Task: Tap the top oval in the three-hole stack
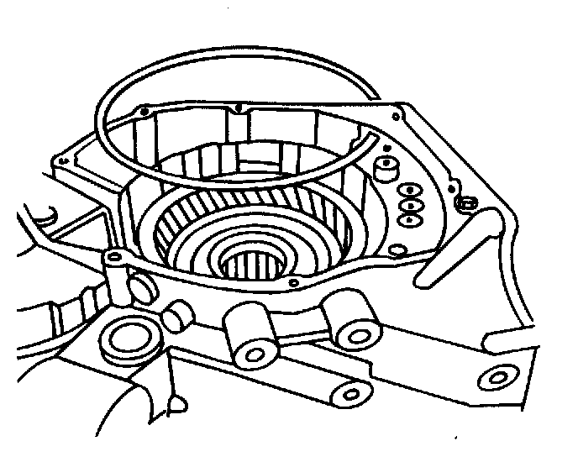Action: (411, 189)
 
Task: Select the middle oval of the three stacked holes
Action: (411, 205)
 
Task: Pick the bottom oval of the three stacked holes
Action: (411, 219)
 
